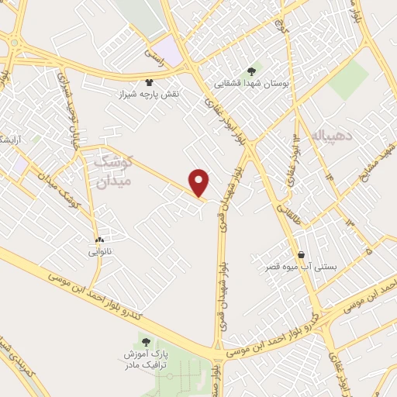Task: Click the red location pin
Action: (200, 181)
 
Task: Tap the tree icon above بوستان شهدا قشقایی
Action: (251, 71)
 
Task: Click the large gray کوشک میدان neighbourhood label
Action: (115, 171)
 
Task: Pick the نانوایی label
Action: (100, 251)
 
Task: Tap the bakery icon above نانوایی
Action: (99, 240)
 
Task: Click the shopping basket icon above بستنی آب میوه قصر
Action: (300, 254)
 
